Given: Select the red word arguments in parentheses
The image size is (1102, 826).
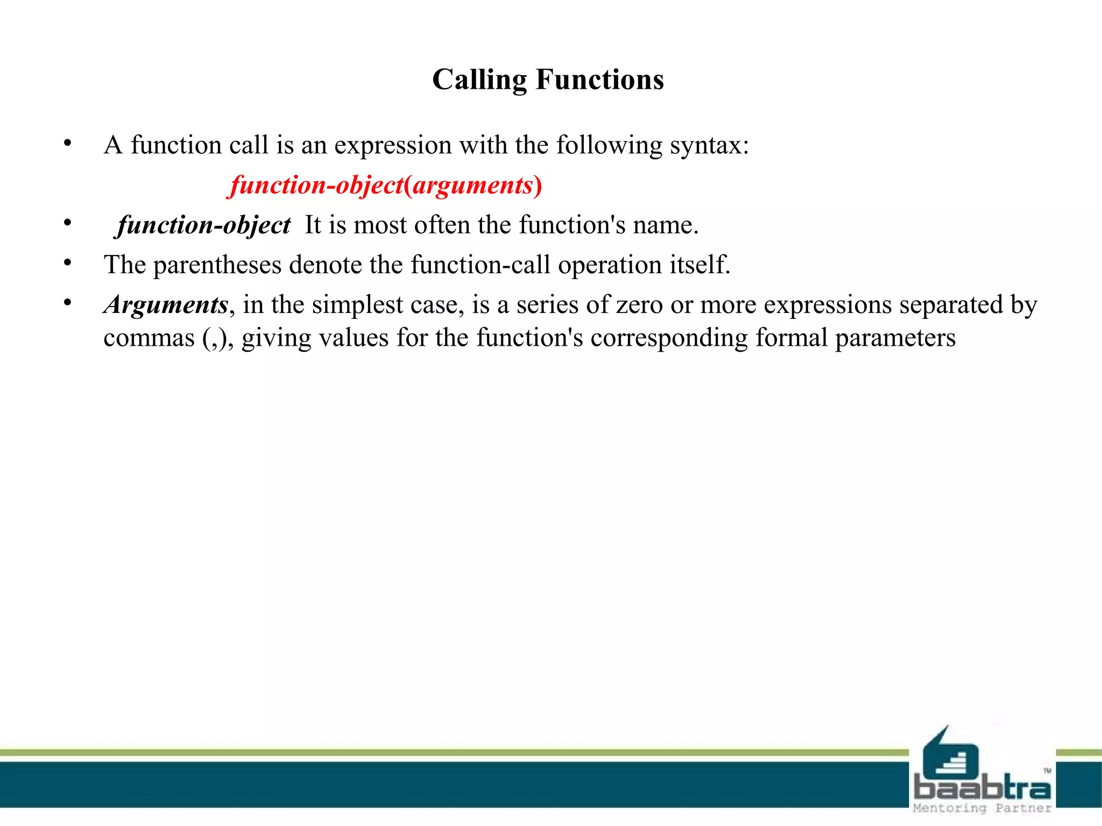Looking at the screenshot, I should click(x=472, y=186).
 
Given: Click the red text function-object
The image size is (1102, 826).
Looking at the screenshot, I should click(x=316, y=186).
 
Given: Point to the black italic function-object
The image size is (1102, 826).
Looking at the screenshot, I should click(x=204, y=225).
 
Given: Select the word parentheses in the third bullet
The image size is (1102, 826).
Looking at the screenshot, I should click(x=217, y=265).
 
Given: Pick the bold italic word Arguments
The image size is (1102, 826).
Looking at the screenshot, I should click(x=166, y=305).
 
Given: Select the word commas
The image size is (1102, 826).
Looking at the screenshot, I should click(x=149, y=338).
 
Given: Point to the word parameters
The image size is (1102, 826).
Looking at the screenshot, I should click(x=895, y=338).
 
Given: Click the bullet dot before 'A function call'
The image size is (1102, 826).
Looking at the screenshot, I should click(x=67, y=144).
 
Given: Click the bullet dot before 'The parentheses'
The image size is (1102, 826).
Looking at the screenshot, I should click(x=67, y=263).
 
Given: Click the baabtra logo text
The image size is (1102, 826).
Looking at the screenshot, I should click(x=982, y=788).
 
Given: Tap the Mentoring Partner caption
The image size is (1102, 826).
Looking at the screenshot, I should click(x=982, y=808).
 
